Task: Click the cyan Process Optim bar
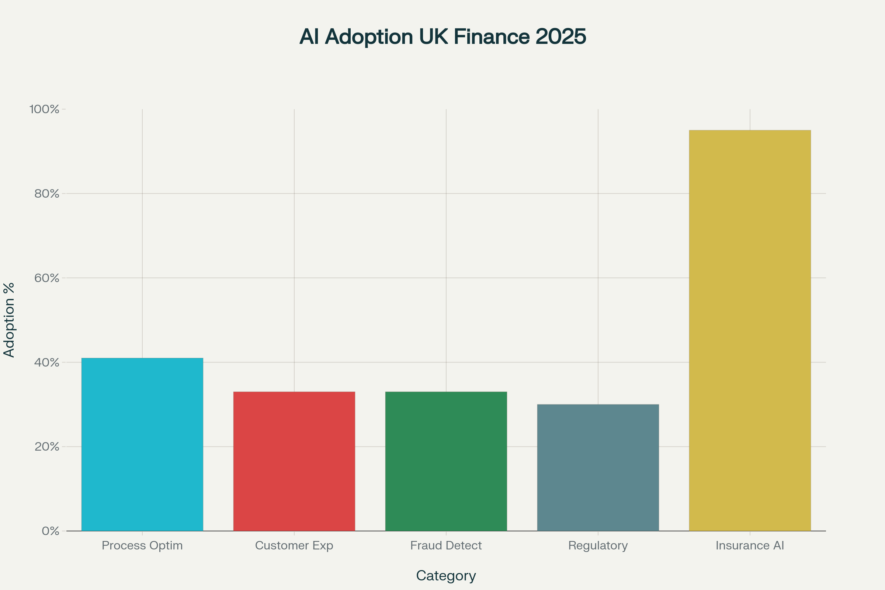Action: point(142,444)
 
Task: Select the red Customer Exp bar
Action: point(294,461)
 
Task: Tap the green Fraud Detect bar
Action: point(446,461)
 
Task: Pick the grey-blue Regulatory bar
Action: point(598,468)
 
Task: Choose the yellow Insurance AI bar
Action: point(750,330)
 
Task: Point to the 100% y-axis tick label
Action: point(44,110)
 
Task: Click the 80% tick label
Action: point(47,194)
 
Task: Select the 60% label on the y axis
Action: point(47,278)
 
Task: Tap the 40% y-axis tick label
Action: point(47,362)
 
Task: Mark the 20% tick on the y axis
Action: point(47,447)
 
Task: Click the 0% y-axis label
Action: point(51,531)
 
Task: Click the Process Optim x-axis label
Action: point(142,546)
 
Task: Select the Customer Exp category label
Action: point(294,546)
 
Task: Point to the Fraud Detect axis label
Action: point(446,546)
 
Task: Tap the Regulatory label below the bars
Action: point(598,546)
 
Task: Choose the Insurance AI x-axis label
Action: point(750,546)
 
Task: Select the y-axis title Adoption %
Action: point(9,320)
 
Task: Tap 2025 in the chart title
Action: point(560,37)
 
